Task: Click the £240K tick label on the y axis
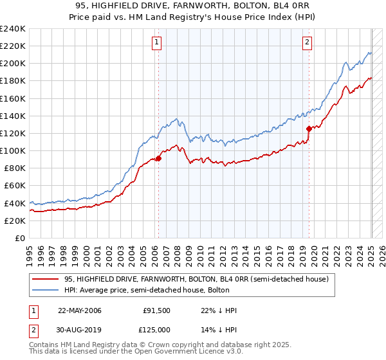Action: (x=12, y=29)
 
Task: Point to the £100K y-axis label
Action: (x=12, y=150)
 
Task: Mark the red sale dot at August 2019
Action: (x=309, y=129)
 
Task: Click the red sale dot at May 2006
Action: (x=158, y=158)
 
